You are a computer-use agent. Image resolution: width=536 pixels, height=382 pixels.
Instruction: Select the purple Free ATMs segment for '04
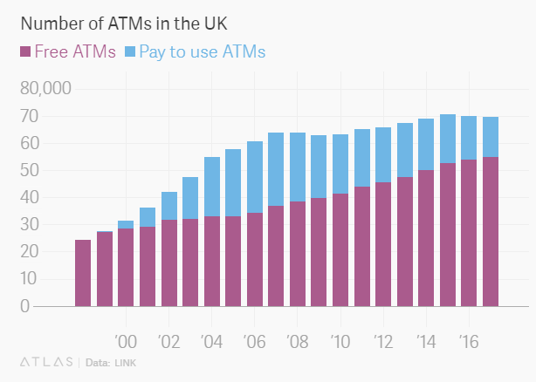tap(211, 262)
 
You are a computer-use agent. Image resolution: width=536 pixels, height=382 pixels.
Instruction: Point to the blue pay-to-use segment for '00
tap(126, 224)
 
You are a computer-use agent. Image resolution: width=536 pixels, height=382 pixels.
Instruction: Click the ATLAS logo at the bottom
tap(45, 361)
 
